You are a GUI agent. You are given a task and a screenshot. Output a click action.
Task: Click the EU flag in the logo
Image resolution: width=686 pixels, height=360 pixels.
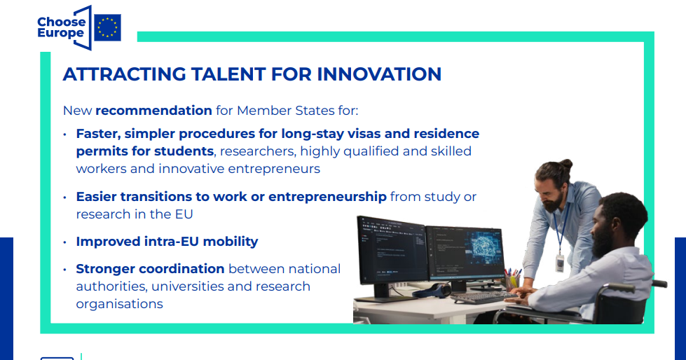pyautogui.click(x=108, y=27)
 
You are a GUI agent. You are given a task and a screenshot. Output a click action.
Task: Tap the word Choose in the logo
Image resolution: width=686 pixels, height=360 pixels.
pyautogui.click(x=61, y=22)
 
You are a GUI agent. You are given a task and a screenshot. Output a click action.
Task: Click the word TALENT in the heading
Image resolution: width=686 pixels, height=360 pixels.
pyautogui.click(x=228, y=74)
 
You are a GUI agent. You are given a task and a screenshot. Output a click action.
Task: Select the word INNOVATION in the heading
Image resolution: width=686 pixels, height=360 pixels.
pyautogui.click(x=379, y=74)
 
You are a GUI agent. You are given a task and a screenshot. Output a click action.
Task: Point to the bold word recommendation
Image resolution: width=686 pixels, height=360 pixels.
pyautogui.click(x=153, y=110)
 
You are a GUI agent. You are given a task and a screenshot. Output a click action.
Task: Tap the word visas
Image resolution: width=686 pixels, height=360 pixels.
pyautogui.click(x=362, y=133)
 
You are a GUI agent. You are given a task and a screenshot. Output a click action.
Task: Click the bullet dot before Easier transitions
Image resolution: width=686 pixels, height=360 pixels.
pyautogui.click(x=64, y=198)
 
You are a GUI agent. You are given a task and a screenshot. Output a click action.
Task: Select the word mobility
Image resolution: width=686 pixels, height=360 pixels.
pyautogui.click(x=231, y=242)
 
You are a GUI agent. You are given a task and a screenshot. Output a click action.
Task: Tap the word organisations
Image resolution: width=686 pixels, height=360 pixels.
pyautogui.click(x=119, y=304)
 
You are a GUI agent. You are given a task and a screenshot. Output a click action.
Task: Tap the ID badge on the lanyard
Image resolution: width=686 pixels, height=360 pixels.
pyautogui.click(x=560, y=264)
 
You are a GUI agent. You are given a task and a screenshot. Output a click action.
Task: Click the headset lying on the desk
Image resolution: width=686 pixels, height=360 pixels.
pyautogui.click(x=432, y=290)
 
